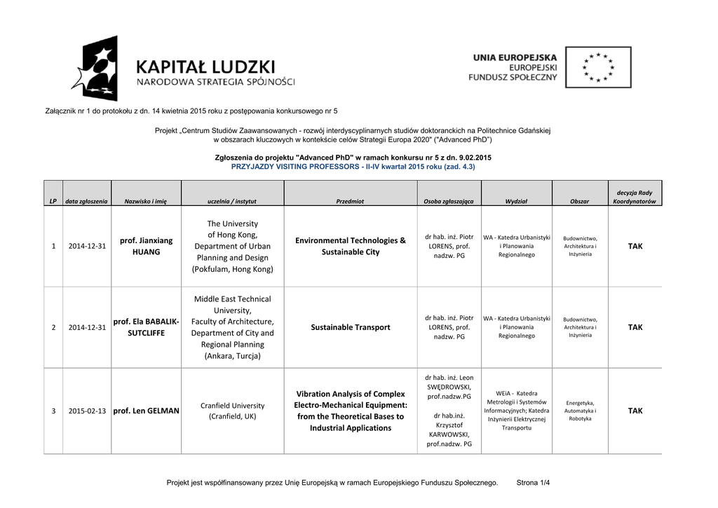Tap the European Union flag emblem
598,67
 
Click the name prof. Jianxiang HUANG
146,246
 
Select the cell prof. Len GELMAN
146,411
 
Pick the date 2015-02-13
87,411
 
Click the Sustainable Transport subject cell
351,327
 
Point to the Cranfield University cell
232,411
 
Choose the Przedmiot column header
350,201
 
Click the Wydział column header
517,201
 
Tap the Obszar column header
580,201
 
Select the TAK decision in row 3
635,411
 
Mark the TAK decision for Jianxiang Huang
635,246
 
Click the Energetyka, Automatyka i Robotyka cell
580,411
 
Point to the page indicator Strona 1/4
533,483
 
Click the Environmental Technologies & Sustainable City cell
351,246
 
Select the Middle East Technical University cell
232,327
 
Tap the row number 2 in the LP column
53,327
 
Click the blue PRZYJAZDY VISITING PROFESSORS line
353,167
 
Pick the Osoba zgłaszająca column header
449,201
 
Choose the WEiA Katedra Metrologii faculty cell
517,411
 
